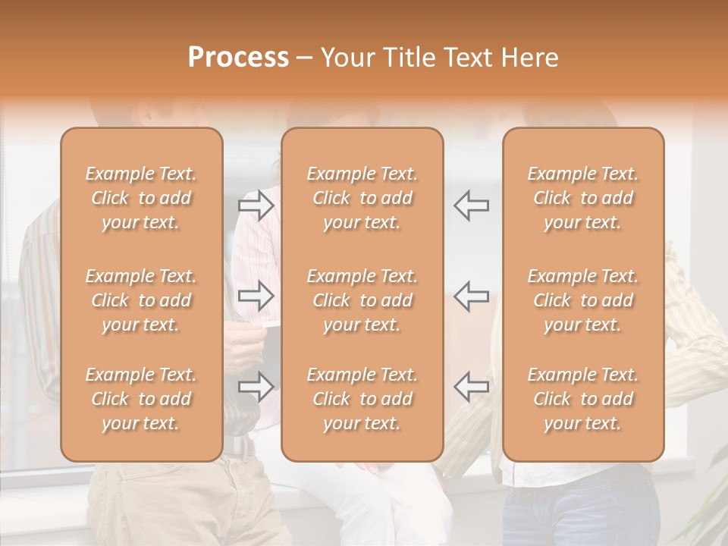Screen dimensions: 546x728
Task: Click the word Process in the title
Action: (238, 58)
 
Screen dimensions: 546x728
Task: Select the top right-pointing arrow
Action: (256, 206)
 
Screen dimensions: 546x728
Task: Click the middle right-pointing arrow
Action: (256, 296)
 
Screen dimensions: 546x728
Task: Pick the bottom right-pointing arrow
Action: (256, 387)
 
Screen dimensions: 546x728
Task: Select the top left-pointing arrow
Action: (472, 206)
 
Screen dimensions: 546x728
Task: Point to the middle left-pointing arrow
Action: (472, 296)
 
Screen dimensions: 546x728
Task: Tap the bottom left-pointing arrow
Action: (472, 387)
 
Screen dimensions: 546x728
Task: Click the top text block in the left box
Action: (141, 198)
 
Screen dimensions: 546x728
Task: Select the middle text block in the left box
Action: (141, 300)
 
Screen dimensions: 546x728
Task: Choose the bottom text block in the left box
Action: (141, 399)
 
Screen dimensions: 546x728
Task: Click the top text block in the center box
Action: (362, 198)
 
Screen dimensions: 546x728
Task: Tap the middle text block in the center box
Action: (362, 300)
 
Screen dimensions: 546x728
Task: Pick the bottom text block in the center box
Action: (362, 399)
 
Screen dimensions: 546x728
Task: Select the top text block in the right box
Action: (583, 198)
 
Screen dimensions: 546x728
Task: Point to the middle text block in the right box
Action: (583, 300)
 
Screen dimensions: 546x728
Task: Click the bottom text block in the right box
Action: (583, 399)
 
